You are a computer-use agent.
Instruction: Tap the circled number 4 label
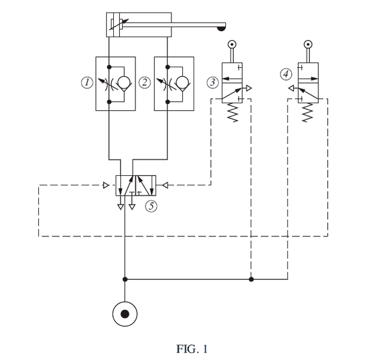[x=285, y=74]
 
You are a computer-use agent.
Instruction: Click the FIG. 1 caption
[x=192, y=349]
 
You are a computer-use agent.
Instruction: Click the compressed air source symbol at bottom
[x=125, y=314]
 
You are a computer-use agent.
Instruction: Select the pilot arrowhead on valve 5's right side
[x=166, y=185]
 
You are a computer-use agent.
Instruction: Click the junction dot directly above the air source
[x=125, y=279]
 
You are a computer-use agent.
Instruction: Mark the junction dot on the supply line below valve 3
[x=251, y=279]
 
